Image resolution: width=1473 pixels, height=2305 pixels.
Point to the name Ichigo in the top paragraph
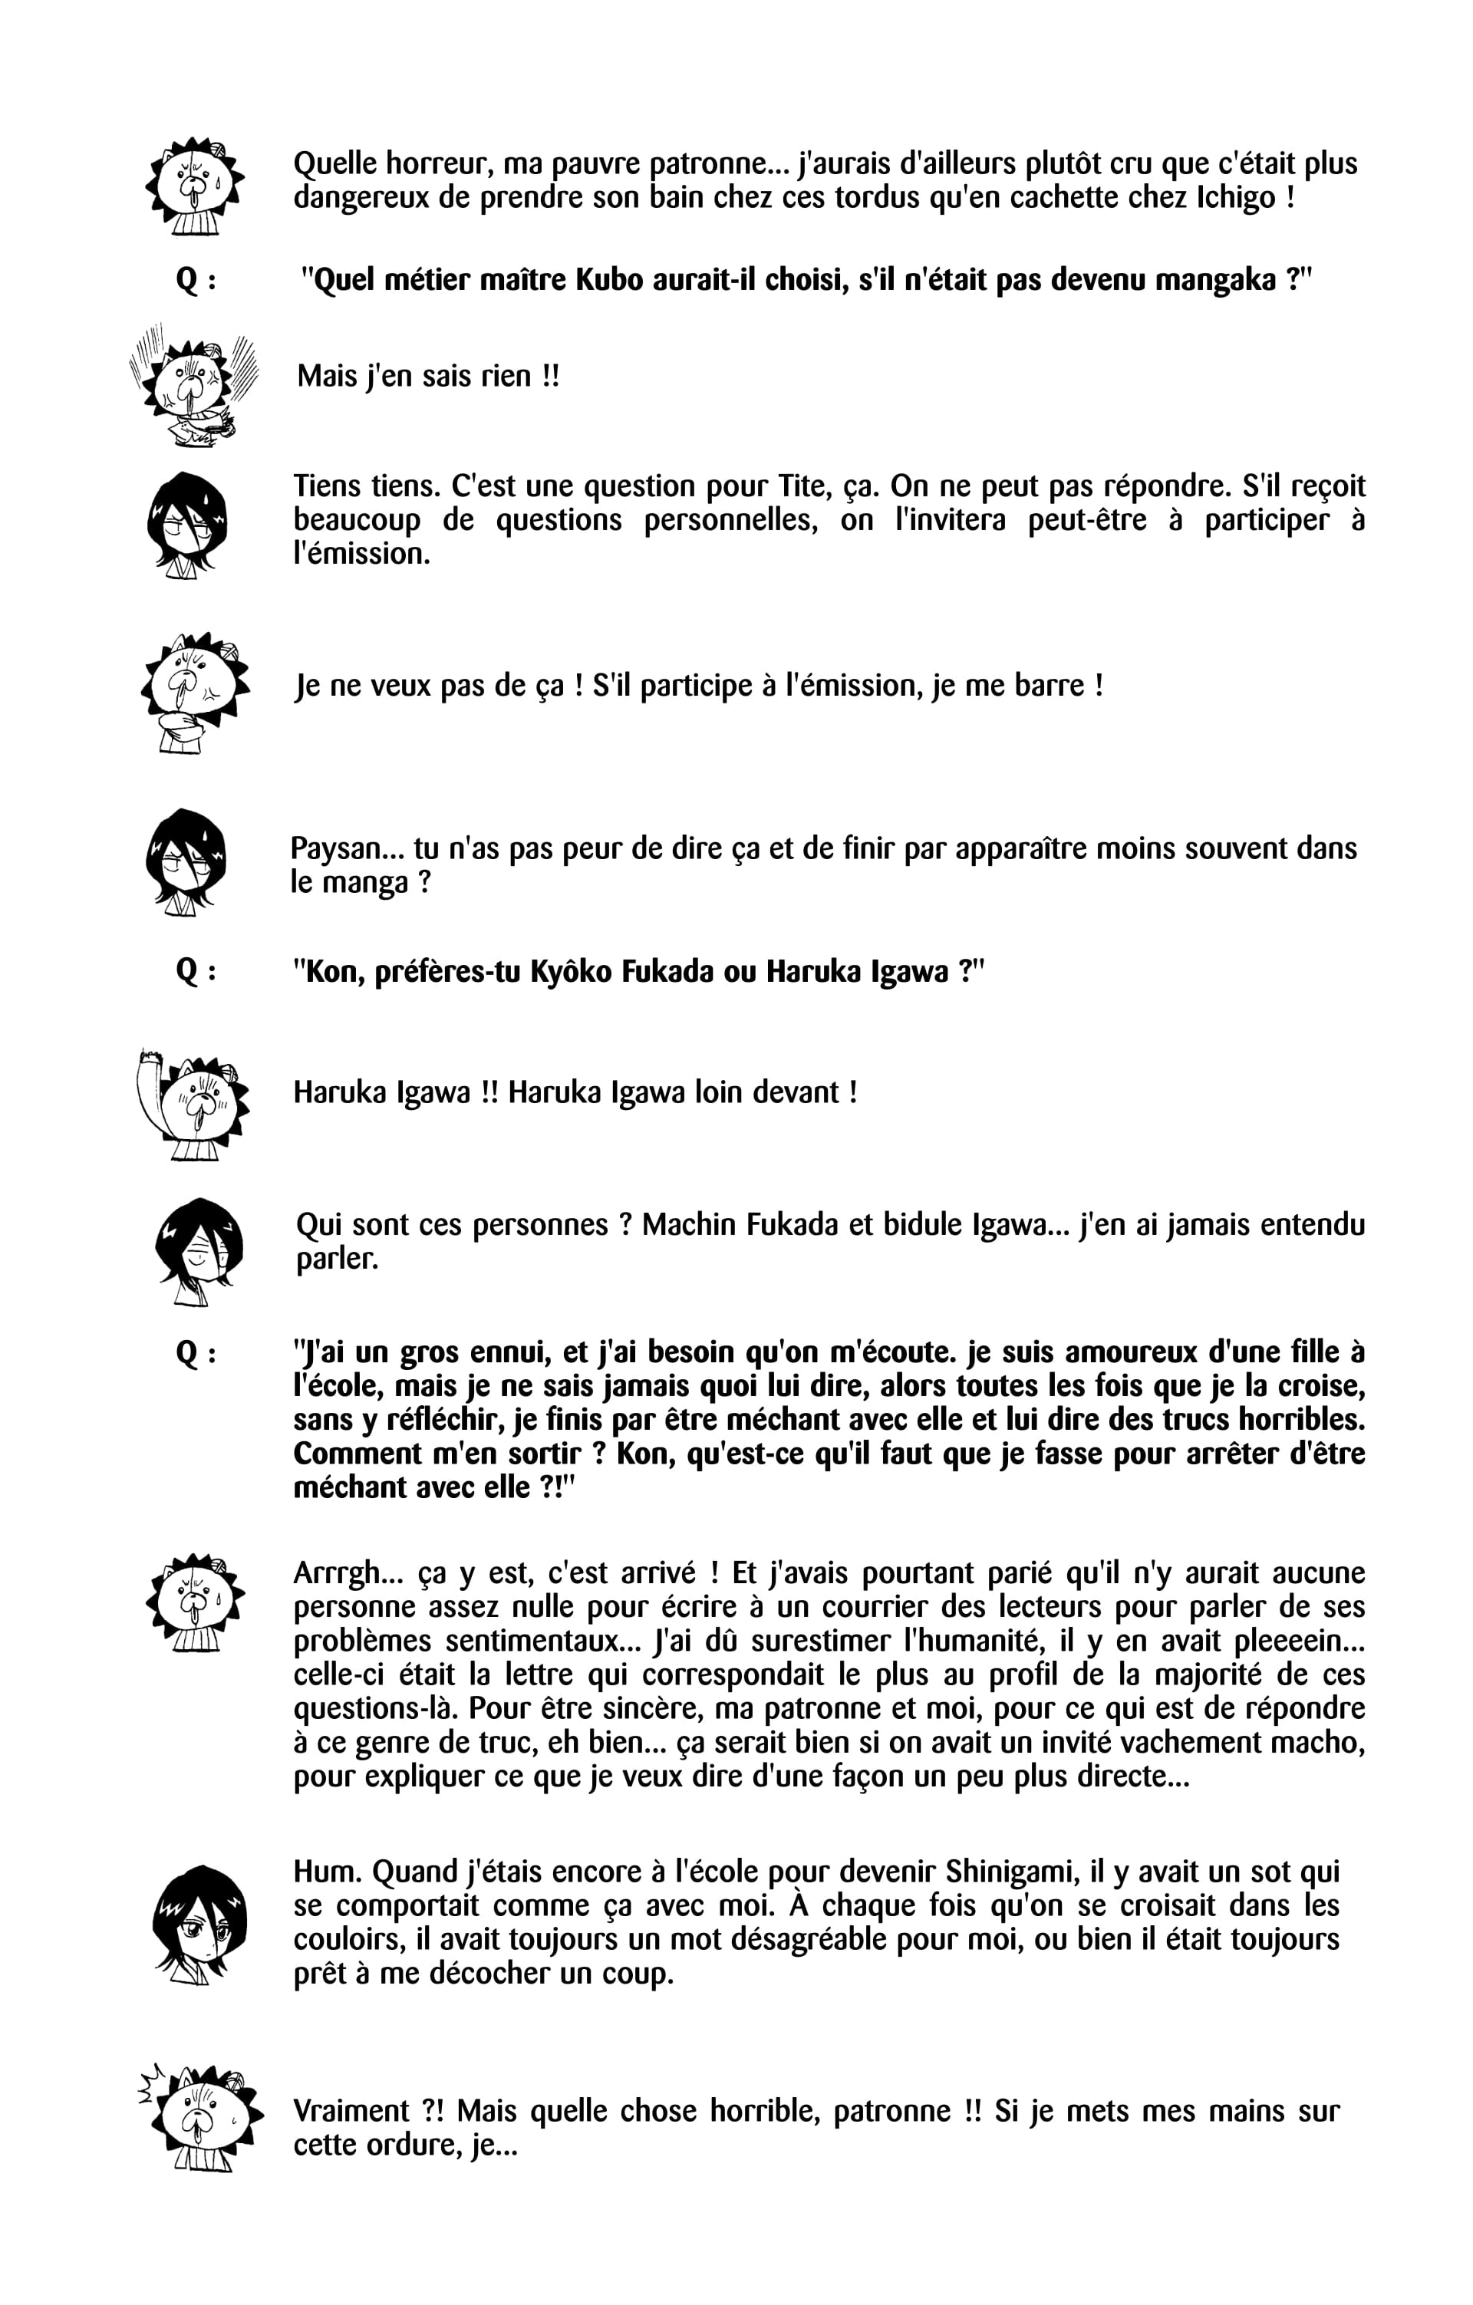1237,198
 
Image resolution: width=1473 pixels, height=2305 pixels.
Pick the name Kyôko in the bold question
572,973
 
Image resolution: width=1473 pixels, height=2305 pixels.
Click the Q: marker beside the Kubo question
196,281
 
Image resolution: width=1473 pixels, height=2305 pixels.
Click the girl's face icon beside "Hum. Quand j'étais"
199,1921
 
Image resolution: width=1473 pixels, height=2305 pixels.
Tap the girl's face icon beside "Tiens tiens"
188,525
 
